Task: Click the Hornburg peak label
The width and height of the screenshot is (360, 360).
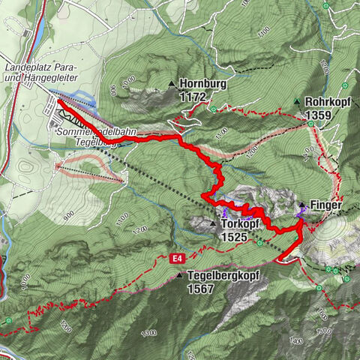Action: (203, 85)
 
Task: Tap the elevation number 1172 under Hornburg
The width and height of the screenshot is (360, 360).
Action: (193, 97)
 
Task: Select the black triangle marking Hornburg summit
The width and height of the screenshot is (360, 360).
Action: (172, 84)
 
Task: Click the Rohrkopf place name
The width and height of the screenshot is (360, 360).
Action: (328, 102)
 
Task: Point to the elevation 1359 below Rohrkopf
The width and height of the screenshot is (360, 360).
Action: (319, 115)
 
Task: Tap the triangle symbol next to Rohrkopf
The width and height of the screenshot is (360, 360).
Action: (298, 102)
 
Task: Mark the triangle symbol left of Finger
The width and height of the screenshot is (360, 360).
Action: (302, 205)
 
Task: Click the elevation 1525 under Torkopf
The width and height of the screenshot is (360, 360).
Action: (235, 235)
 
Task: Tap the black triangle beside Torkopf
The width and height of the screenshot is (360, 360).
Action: (214, 223)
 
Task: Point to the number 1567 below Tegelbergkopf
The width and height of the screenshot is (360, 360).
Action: (202, 288)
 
